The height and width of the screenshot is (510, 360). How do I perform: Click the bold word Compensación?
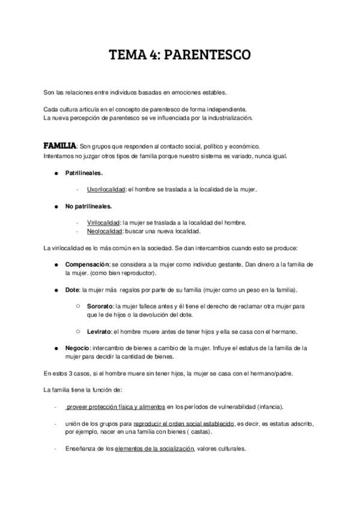[x=87, y=264]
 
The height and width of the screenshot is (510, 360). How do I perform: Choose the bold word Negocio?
[x=79, y=348]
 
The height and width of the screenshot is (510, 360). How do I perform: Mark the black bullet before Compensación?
[x=56, y=264]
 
